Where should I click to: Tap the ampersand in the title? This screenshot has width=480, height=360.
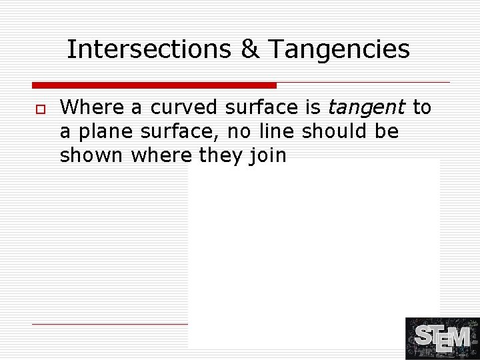pyautogui.click(x=250, y=49)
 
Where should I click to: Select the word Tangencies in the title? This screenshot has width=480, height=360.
pyautogui.click(x=339, y=49)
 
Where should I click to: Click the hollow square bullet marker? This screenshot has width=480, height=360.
pyautogui.click(x=40, y=108)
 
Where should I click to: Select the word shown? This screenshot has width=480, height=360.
pyautogui.click(x=92, y=156)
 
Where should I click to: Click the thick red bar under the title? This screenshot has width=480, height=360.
pyautogui.click(x=154, y=85)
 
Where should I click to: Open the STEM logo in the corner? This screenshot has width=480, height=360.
pyautogui.click(x=442, y=339)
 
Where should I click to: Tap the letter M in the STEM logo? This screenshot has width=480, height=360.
pyautogui.click(x=460, y=337)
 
